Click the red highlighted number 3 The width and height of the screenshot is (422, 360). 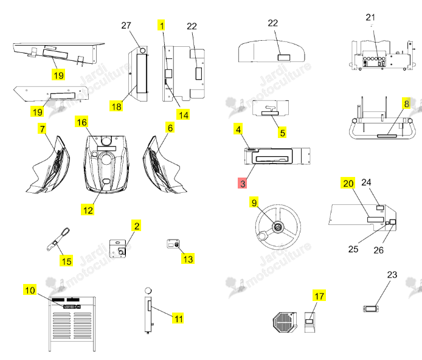click(242, 183)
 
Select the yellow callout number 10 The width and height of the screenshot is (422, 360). click(30, 290)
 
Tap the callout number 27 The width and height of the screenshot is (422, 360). click(126, 26)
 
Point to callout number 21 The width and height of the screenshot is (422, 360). click(370, 17)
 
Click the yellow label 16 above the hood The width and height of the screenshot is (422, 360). click(82, 122)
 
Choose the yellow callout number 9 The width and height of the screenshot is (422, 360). click(254, 202)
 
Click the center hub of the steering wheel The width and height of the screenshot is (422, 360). click(277, 227)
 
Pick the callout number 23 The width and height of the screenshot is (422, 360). click(392, 274)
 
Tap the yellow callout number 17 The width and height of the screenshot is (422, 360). click(319, 296)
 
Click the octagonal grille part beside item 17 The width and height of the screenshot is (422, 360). click(285, 322)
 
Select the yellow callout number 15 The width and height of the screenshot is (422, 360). click(66, 261)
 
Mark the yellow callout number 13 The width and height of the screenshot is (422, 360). click(188, 258)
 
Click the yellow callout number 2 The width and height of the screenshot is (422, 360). click(137, 226)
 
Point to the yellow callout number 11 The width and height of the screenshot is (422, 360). click(178, 318)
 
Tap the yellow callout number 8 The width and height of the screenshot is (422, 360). click(406, 103)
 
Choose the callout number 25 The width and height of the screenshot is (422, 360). click(353, 249)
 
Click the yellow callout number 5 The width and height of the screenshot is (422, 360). click(282, 133)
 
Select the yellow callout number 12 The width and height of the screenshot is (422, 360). click(88, 210)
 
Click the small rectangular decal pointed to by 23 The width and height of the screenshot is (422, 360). click(371, 308)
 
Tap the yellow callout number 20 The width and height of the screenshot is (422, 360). click(348, 183)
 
